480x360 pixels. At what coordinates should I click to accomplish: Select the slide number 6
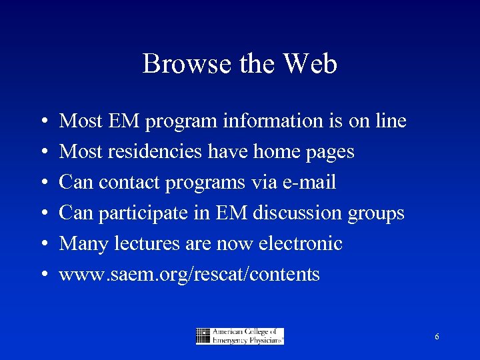[x=437, y=337]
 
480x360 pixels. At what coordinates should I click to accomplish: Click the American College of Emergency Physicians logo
[x=240, y=336]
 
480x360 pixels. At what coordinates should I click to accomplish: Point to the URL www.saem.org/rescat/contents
[x=189, y=275]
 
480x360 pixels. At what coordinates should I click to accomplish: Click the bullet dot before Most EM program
[x=43, y=122]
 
